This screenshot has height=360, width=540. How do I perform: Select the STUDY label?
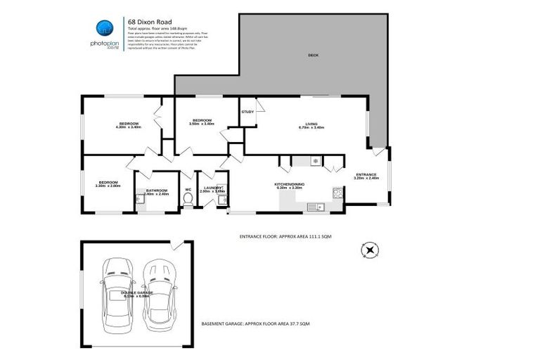[247, 112]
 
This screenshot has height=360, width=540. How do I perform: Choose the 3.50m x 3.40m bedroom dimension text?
[202, 124]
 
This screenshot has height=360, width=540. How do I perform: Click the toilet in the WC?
[187, 199]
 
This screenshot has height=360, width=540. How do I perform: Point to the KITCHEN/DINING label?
[288, 184]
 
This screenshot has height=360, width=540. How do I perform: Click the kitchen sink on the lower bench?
[317, 206]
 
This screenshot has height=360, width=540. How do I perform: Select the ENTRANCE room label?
[366, 174]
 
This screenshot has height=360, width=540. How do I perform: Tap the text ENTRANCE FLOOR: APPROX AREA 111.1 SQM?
[285, 237]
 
